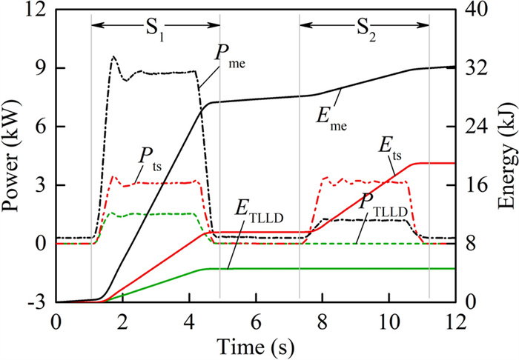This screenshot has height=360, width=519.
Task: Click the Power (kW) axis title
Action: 12,156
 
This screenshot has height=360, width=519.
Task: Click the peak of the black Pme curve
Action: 113,56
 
